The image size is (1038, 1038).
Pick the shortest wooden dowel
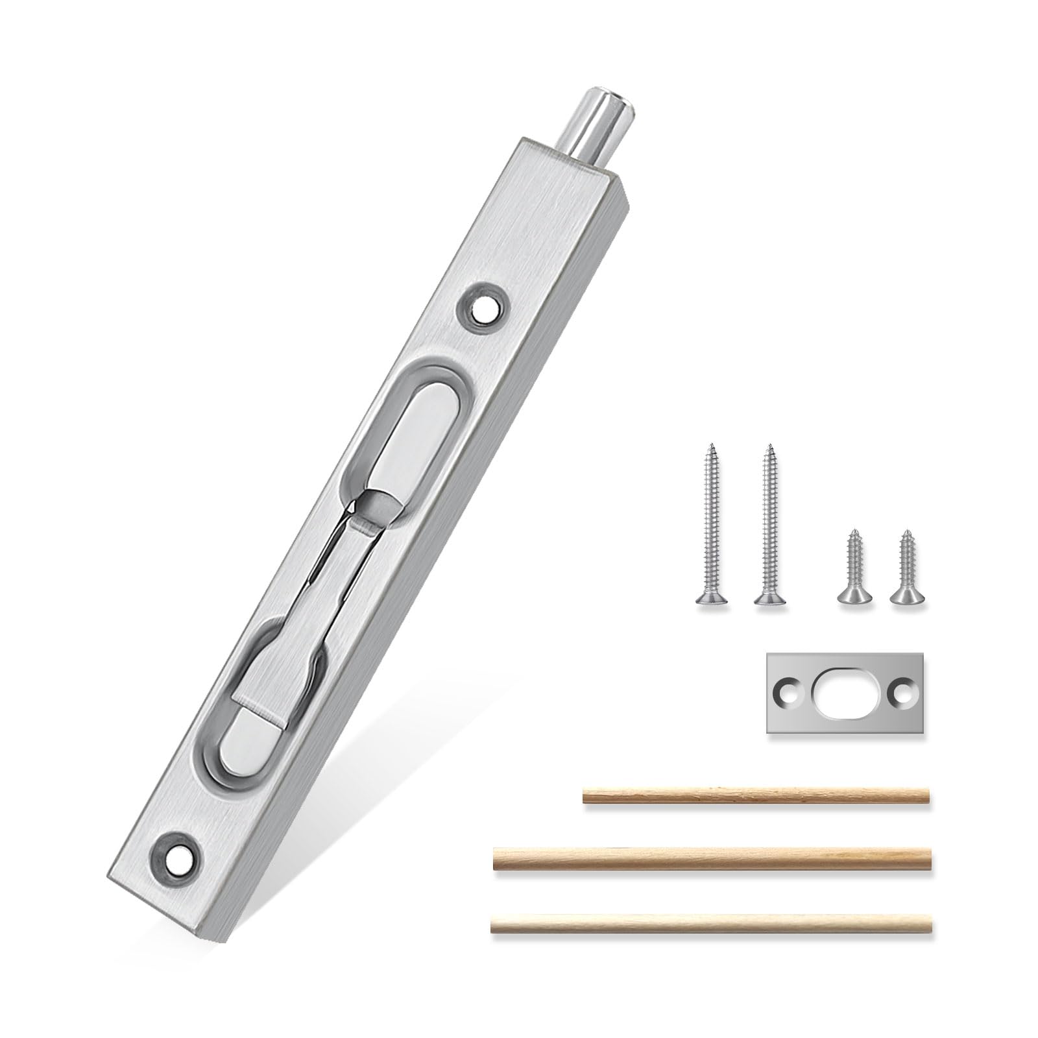point(756,795)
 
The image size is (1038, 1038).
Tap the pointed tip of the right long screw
point(769,446)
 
